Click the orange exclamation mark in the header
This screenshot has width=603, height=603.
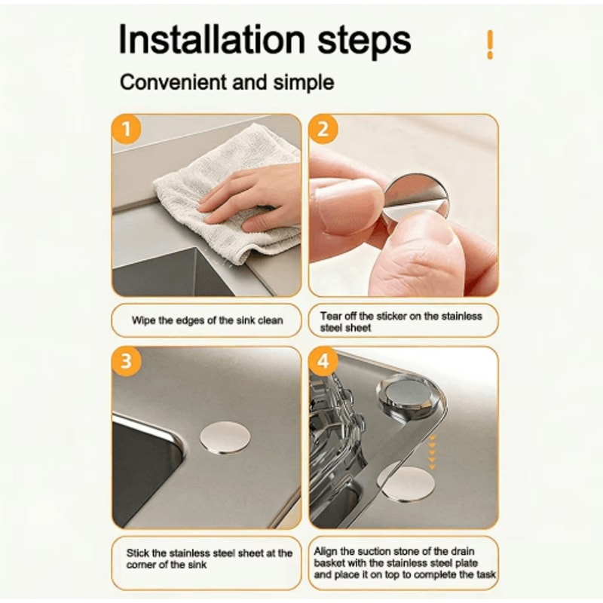coord(490,44)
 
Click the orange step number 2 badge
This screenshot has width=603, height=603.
coord(323,129)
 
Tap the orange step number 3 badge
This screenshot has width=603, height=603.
coord(127,362)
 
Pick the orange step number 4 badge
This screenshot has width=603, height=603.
coord(323,362)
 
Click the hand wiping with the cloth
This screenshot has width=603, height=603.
coord(249,194)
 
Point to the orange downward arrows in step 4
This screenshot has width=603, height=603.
coord(431,450)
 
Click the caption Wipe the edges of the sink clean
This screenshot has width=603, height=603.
coord(207,320)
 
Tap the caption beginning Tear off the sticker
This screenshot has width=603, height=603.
coord(403,321)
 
